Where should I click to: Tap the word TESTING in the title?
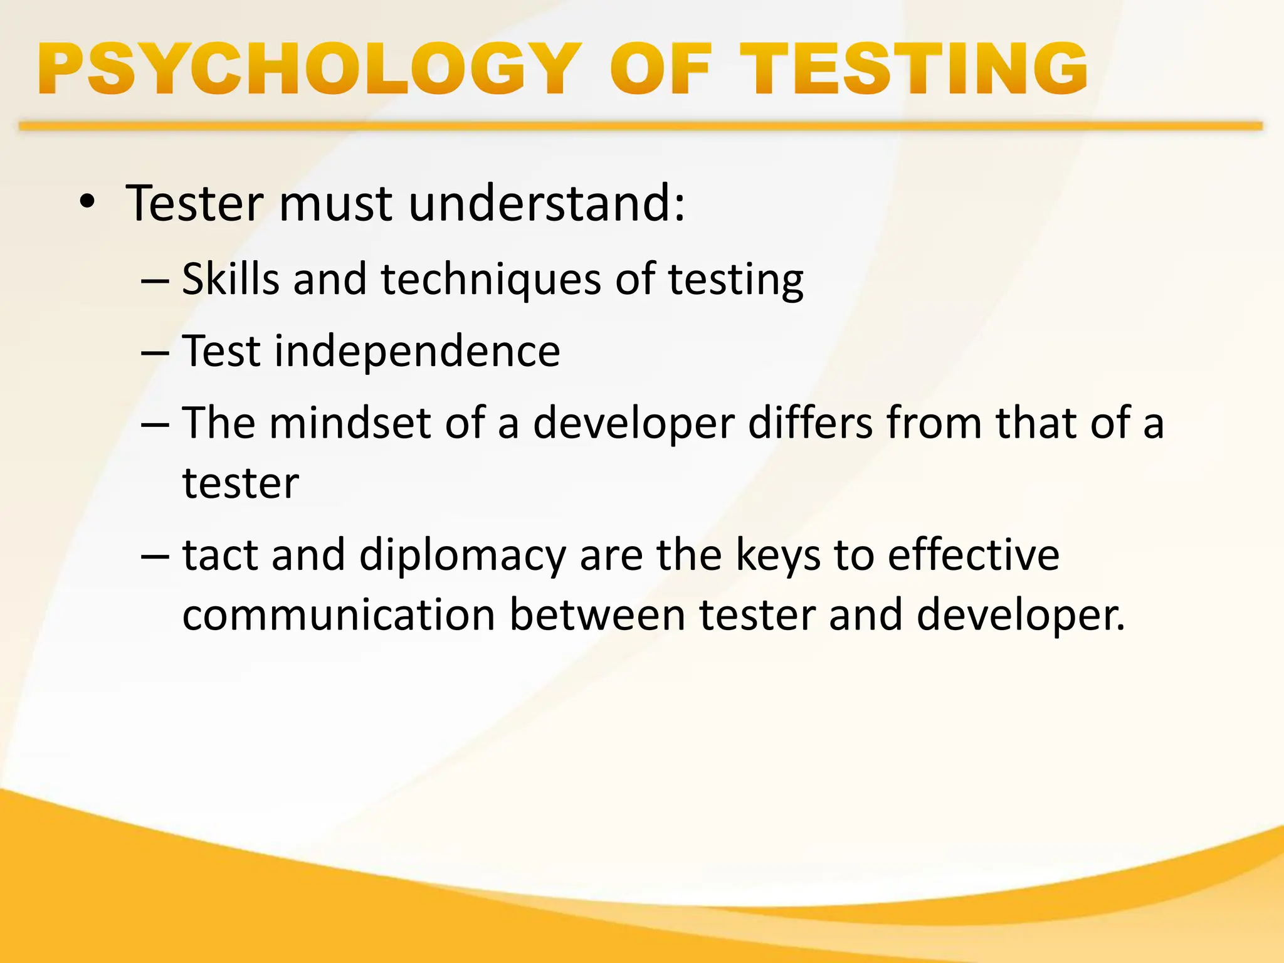[913, 69]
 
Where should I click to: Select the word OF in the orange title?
[661, 69]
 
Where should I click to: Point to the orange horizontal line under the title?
[639, 127]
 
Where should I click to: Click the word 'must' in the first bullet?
[335, 204]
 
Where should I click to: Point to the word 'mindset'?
[350, 423]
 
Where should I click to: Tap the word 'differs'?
[810, 423]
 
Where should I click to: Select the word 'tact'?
[220, 555]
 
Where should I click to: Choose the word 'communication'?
[339, 615]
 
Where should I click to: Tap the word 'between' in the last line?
[597, 615]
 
